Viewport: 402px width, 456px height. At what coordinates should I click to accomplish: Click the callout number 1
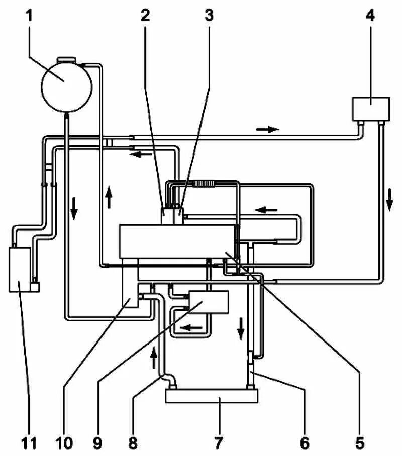tap(29, 16)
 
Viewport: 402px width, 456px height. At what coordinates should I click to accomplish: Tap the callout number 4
tap(370, 16)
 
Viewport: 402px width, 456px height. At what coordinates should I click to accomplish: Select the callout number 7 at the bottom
tap(219, 443)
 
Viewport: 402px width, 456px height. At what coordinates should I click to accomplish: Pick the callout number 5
tap(359, 443)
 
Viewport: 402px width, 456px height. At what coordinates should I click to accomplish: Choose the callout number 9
tap(98, 443)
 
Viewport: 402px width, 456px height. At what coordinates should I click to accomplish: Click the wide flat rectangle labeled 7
tap(212, 396)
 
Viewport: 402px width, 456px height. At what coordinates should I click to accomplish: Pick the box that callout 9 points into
tap(208, 302)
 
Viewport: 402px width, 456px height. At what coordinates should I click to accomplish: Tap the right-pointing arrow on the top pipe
tap(267, 129)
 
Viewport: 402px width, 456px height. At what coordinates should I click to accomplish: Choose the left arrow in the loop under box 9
tap(192, 328)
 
